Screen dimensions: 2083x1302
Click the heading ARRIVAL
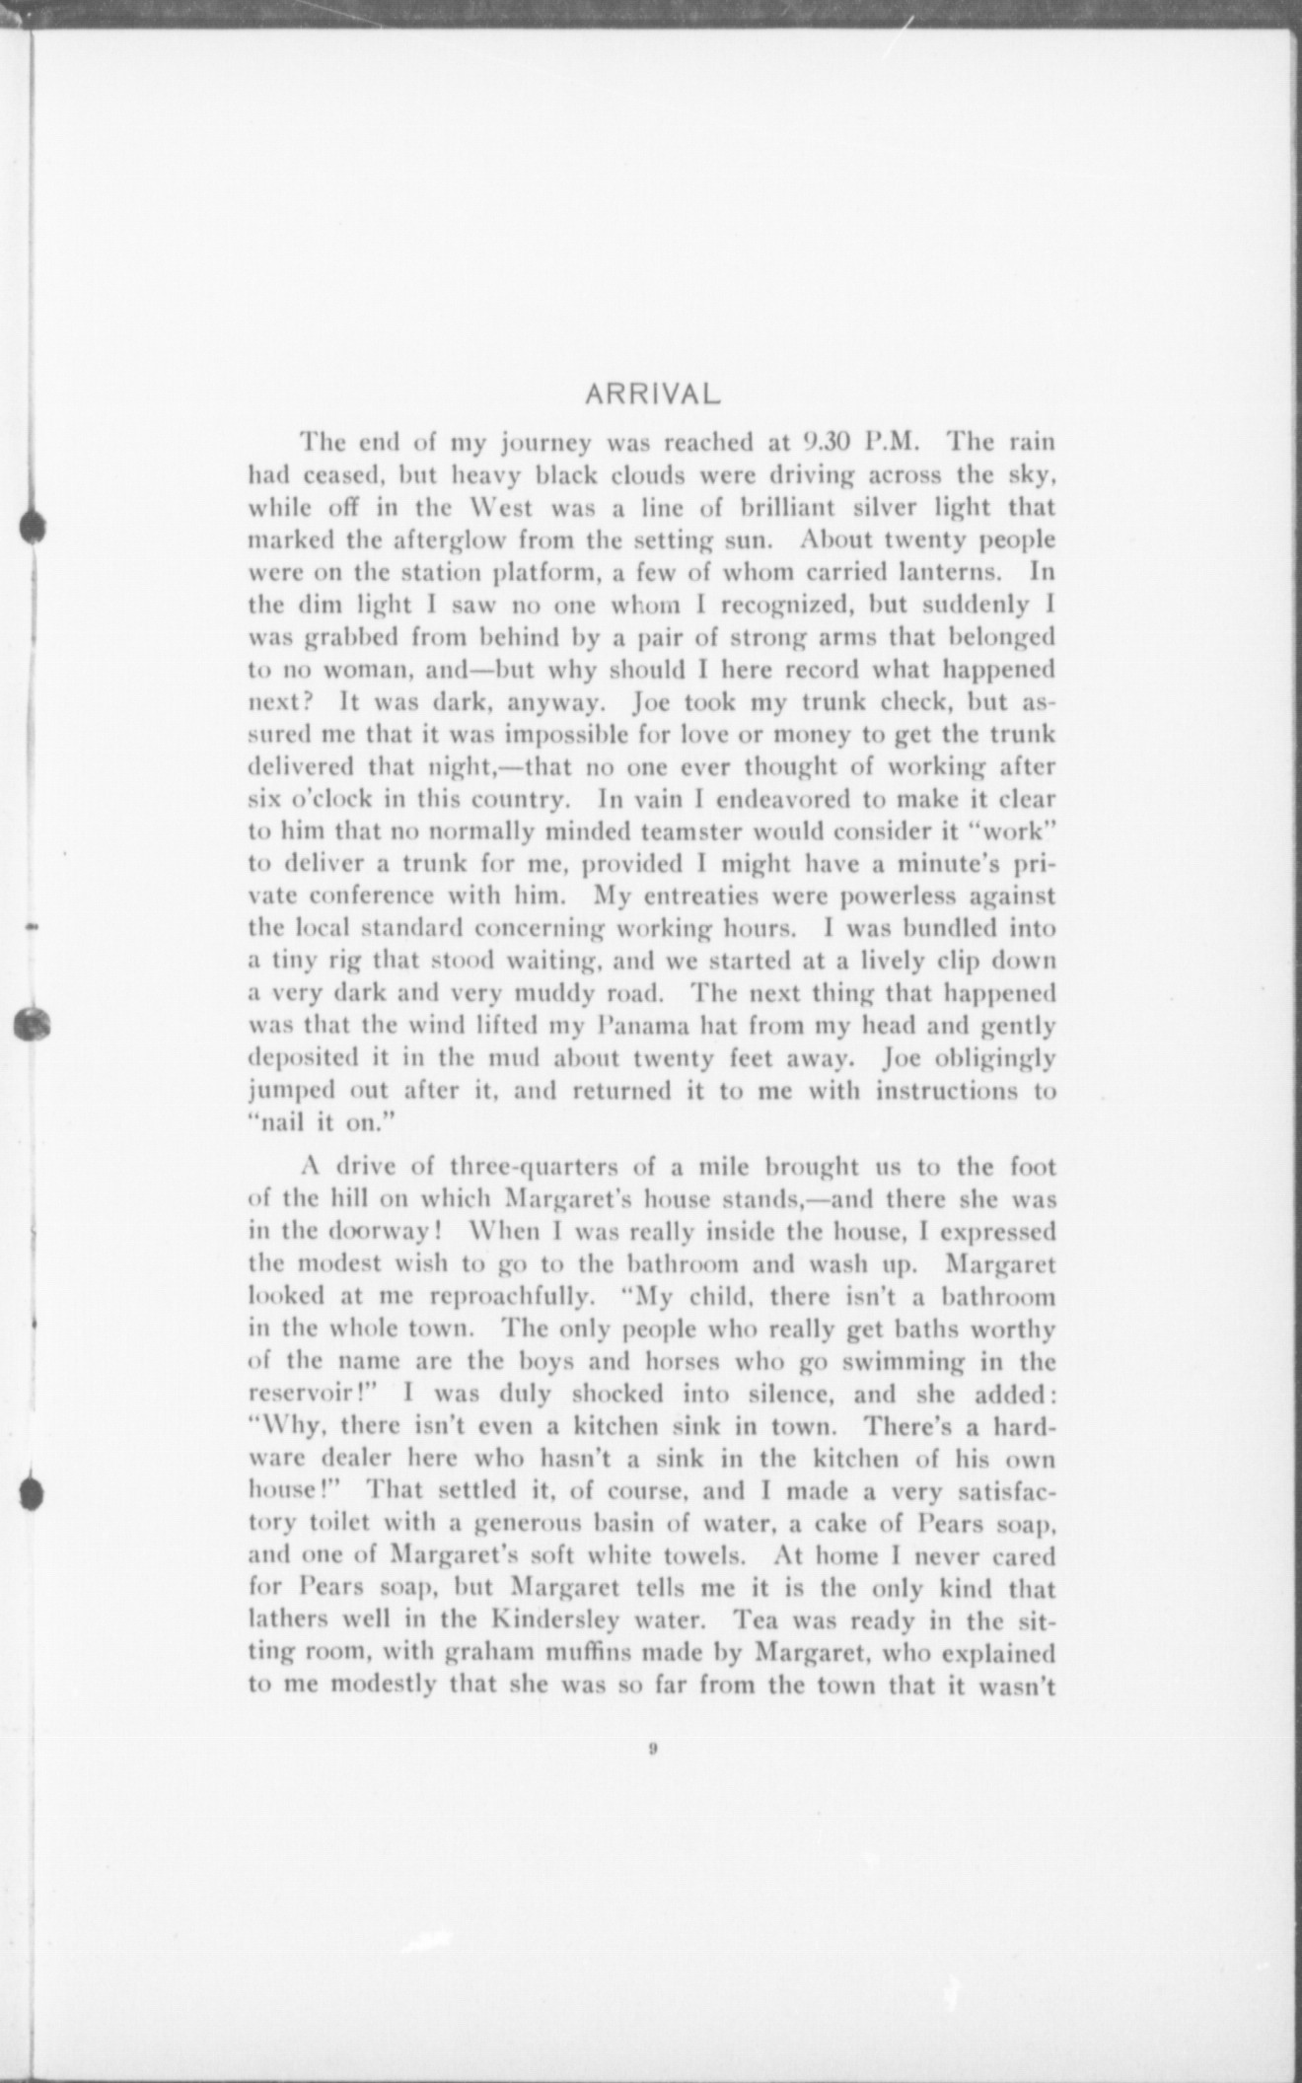[x=653, y=395]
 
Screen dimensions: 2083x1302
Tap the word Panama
[x=639, y=1026]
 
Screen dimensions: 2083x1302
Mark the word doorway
[x=393, y=1232]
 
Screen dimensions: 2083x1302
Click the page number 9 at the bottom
[x=653, y=1750]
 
